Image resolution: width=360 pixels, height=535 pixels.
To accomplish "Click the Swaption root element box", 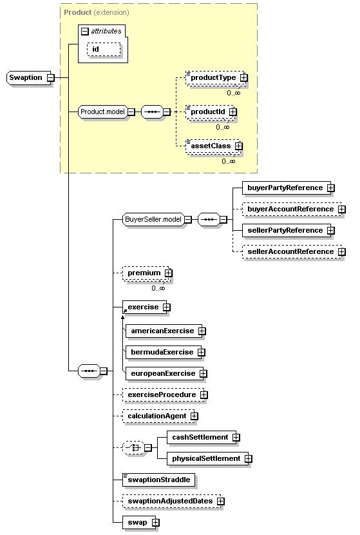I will coord(26,78).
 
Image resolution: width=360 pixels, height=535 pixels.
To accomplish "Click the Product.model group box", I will coord(102,112).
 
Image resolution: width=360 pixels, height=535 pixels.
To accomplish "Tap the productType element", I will coord(211,78).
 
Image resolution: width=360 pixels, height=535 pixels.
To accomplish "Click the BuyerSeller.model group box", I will coord(153,219).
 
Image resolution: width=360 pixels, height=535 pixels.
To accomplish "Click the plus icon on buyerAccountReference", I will coord(341,209).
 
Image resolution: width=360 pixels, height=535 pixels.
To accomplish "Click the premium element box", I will coord(144,273).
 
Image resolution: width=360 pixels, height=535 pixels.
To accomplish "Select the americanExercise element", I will coord(162,331).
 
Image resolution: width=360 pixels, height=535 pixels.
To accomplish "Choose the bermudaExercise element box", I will coord(161,352).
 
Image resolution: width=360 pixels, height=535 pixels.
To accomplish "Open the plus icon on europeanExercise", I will coord(200,373).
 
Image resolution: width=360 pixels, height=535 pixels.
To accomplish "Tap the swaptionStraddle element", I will coord(158,480).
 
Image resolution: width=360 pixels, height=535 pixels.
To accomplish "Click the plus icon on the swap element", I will coord(155,522).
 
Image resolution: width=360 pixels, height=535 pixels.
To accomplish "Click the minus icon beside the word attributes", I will coord(84,30).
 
